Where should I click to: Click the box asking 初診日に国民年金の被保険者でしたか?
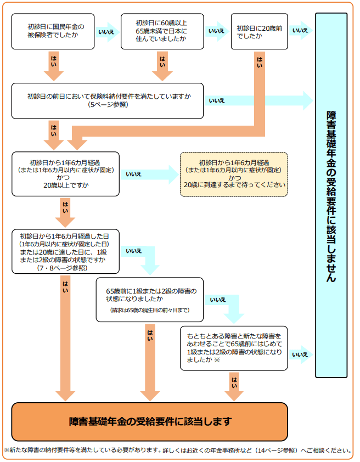tap(53, 31)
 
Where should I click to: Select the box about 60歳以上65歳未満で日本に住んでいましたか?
tap(161, 31)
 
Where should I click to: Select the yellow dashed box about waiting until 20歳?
tap(234, 174)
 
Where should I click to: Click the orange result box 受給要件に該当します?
tap(150, 421)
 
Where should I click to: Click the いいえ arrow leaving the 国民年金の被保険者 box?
tap(106, 31)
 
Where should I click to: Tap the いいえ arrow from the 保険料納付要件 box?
tap(258, 100)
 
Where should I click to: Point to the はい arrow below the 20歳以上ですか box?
tap(65, 211)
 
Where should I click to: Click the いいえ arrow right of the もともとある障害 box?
tap(300, 354)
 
